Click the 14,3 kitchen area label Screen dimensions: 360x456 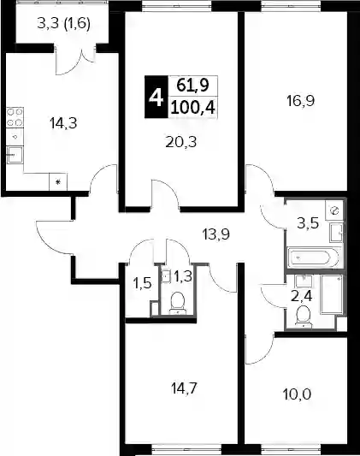point(63,123)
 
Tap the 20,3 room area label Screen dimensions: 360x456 point(181,142)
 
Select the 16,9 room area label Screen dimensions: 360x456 point(300,101)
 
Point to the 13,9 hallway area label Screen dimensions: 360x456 point(215,234)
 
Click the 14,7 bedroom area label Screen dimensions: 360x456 point(185,388)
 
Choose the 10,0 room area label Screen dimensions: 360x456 point(297,394)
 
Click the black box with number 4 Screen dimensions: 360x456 point(156,97)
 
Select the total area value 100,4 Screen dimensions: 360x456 point(193,108)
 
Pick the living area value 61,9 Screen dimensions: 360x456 point(193,86)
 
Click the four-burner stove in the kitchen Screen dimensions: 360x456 point(15,117)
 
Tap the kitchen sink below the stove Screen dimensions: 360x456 point(15,154)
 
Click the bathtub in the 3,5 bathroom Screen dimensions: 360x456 point(313,258)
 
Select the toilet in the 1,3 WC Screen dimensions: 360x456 point(177,304)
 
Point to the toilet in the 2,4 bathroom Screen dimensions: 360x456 point(304,316)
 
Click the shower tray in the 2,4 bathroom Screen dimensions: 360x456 point(332,294)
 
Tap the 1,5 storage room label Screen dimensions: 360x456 point(142,282)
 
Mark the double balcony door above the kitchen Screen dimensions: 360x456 point(76,60)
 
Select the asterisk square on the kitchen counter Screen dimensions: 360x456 point(58,182)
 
